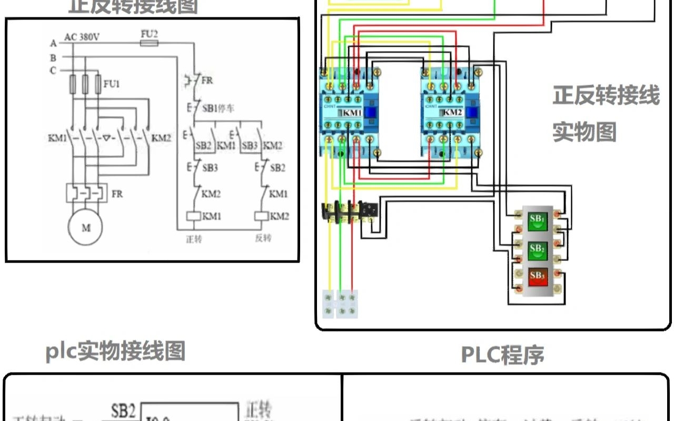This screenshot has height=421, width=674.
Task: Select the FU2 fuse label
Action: click(x=150, y=33)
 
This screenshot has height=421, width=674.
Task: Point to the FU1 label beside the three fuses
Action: click(x=112, y=84)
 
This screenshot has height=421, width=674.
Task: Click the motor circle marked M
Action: click(x=85, y=228)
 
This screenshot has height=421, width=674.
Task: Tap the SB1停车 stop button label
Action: click(x=218, y=108)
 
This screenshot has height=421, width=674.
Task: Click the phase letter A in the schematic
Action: click(x=53, y=43)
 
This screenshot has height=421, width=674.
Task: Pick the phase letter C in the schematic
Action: click(x=53, y=71)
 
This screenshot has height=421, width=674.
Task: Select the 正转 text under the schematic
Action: click(x=194, y=238)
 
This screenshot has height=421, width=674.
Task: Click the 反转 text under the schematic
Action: click(x=263, y=238)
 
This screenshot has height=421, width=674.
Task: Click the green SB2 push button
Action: click(x=537, y=248)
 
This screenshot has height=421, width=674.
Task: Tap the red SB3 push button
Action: click(x=537, y=276)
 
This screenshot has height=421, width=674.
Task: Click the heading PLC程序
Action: click(x=502, y=355)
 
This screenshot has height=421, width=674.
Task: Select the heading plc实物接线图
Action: click(x=115, y=351)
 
